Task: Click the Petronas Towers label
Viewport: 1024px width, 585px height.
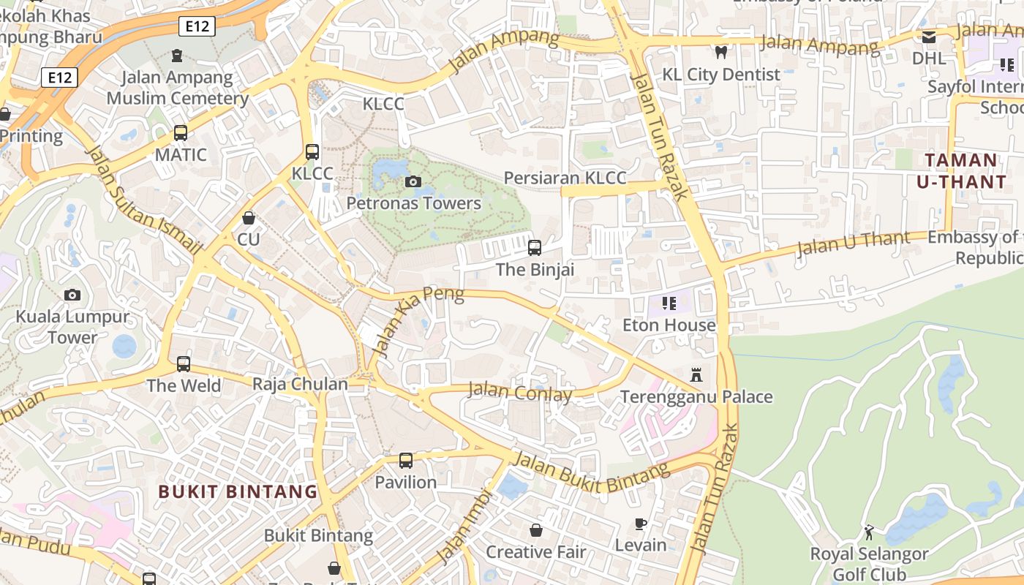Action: [x=414, y=203]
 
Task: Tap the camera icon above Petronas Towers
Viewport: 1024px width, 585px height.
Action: [x=413, y=181]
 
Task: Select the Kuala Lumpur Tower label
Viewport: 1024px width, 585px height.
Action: [x=72, y=327]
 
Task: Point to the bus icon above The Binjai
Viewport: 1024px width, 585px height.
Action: [x=535, y=248]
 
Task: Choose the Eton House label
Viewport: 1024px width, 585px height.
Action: [x=669, y=325]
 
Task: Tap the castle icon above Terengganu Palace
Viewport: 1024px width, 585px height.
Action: [x=696, y=375]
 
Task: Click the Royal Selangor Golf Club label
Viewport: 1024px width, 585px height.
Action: [x=869, y=564]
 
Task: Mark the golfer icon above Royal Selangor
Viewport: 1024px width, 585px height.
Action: [x=869, y=532]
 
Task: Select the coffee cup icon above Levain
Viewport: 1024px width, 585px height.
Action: [x=641, y=524]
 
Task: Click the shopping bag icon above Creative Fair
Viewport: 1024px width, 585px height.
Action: [x=536, y=530]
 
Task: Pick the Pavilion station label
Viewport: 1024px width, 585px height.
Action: [x=406, y=482]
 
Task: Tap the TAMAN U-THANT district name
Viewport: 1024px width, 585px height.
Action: [x=960, y=170]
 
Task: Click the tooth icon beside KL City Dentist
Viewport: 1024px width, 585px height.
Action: [x=721, y=52]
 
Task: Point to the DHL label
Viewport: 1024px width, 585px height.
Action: [x=928, y=57]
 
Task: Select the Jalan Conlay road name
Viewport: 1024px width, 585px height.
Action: [x=520, y=392]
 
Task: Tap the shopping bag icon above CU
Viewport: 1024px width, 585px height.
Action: [x=249, y=218]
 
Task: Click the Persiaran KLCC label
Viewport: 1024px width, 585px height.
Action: [x=565, y=178]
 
